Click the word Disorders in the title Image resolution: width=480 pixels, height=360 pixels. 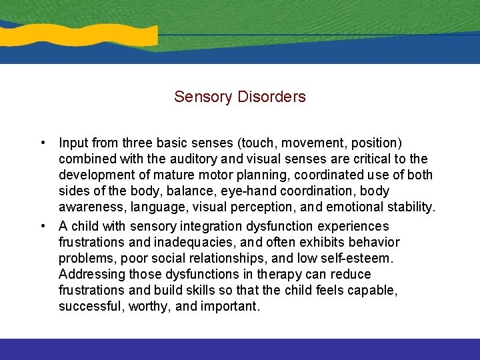click(271, 97)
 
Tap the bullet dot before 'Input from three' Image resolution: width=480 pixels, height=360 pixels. click(42, 143)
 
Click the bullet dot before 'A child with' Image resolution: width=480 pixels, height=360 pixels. click(42, 226)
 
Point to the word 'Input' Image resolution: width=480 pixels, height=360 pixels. click(73, 143)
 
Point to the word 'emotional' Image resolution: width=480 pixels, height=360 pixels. click(353, 207)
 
